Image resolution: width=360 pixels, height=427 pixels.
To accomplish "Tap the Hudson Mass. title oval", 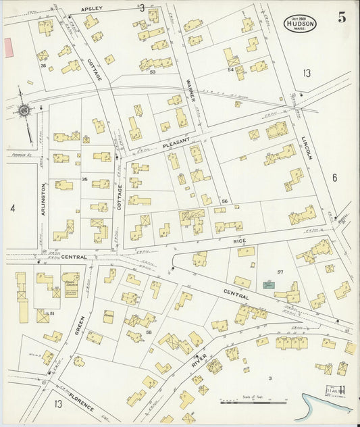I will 301,22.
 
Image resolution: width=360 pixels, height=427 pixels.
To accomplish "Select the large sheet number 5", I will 342,18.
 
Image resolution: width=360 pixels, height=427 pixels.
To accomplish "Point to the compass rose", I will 24,109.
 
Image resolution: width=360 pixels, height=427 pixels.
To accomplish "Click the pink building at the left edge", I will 9,47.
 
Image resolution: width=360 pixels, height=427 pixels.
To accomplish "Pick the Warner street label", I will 190,92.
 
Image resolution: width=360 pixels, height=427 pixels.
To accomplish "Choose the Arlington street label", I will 44,197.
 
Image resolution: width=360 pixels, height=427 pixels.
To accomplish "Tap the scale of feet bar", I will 253,403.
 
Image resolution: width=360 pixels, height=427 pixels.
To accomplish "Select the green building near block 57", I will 268,285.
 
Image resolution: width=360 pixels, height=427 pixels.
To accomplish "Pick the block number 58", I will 149,332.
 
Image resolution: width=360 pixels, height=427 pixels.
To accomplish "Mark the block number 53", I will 153,71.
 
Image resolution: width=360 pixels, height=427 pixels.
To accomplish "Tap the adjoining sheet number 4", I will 12,208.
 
